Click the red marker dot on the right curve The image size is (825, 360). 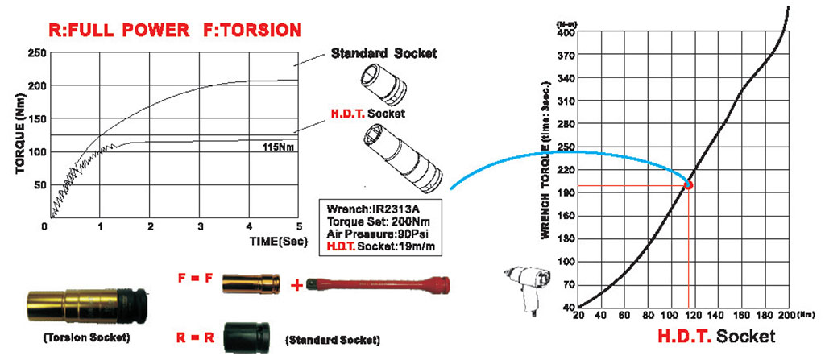coord(688,184)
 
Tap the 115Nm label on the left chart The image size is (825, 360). coord(276,147)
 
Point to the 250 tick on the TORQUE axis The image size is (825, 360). coord(35,53)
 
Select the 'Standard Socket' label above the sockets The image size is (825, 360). coord(384,54)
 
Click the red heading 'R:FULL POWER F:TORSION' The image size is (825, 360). coord(175,31)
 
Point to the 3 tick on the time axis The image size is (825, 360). coord(199,226)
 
